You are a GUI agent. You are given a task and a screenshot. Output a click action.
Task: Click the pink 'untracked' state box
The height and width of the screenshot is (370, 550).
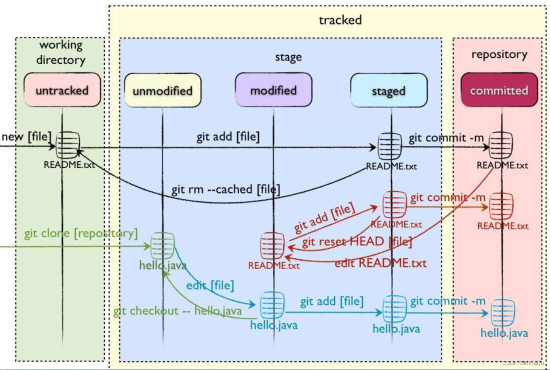tap(62, 90)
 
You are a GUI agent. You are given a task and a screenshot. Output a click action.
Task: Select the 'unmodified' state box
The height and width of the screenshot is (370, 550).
tap(163, 91)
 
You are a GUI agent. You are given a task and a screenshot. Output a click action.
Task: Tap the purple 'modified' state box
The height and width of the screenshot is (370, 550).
tap(273, 90)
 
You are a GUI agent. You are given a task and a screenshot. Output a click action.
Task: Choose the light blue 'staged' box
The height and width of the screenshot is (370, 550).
tap(388, 91)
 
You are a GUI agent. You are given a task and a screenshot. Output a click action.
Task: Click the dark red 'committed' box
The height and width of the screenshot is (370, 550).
tap(499, 90)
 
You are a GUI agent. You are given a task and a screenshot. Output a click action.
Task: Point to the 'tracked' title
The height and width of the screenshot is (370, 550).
tap(340, 19)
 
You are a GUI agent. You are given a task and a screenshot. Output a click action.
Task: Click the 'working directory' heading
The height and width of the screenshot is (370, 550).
tap(61, 52)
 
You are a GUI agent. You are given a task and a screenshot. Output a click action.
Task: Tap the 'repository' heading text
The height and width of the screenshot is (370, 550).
tap(499, 54)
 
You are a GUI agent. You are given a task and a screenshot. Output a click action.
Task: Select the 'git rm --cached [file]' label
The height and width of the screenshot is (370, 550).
tap(225, 189)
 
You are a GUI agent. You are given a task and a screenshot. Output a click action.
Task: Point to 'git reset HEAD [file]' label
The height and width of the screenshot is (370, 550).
tap(357, 242)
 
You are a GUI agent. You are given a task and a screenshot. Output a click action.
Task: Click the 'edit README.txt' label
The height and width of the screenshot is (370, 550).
tap(380, 263)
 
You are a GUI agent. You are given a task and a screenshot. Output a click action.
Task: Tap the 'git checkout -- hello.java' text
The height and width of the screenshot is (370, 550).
tap(177, 311)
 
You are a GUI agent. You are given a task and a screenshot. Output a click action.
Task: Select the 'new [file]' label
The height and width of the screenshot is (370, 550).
tap(26, 136)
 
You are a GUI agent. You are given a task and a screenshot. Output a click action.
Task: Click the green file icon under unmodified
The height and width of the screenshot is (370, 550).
tap(163, 245)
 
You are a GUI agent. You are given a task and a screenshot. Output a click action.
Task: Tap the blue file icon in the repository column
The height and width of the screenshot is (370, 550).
tap(503, 312)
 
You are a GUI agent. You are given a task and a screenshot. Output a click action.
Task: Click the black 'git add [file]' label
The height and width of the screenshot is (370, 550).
tap(228, 137)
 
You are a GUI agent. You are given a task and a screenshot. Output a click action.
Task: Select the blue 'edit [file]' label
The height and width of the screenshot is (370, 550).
tap(210, 286)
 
